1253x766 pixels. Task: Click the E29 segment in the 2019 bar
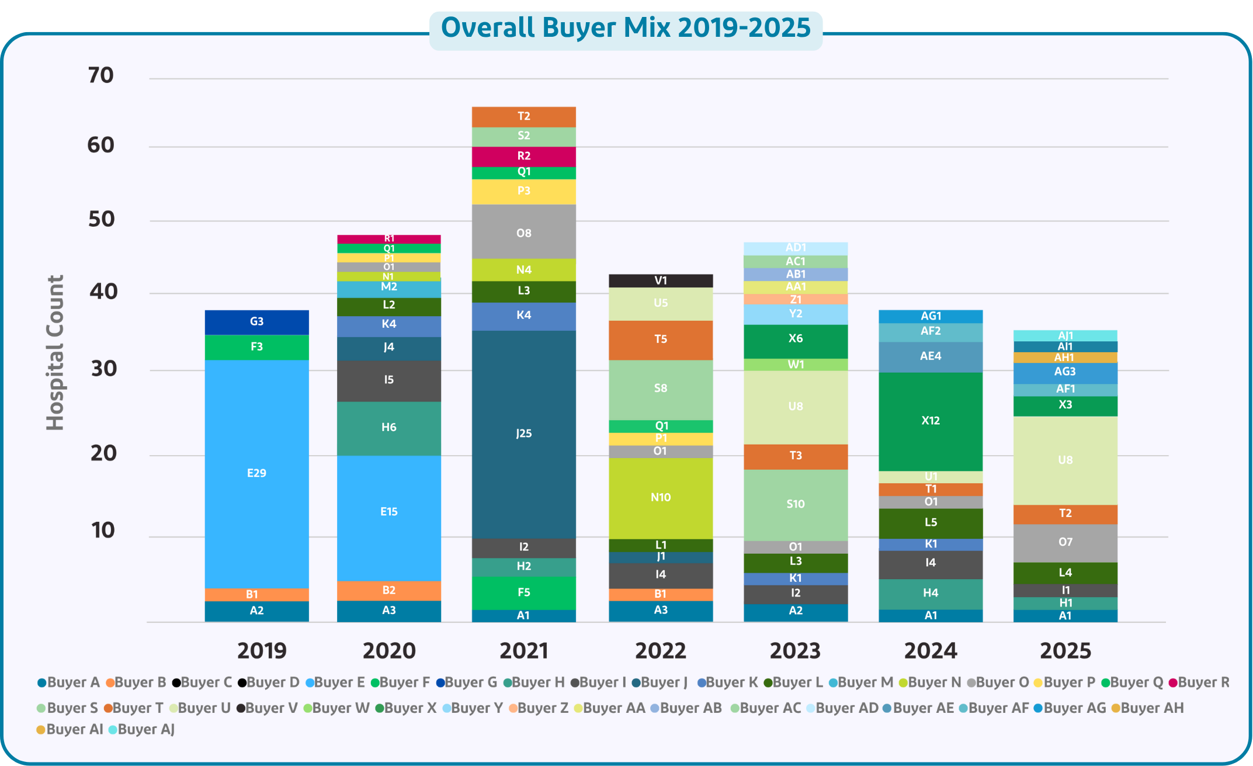256,473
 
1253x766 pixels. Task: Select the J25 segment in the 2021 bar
523,434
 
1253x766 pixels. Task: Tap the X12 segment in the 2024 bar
931,421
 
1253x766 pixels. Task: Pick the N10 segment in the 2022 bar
661,497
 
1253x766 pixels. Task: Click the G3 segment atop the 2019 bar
256,322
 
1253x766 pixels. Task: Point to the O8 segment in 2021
523,233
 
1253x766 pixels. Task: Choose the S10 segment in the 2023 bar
796,504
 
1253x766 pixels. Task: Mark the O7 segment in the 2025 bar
1065,542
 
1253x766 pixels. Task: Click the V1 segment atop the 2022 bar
661,280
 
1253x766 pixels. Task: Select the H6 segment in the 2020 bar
388,428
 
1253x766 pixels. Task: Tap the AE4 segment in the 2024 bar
931,356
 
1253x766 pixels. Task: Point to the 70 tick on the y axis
100,75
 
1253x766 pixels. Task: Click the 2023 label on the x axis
795,651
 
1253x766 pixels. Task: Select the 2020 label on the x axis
389,651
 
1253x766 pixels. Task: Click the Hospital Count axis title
55,353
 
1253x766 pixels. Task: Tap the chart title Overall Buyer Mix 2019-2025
626,28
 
